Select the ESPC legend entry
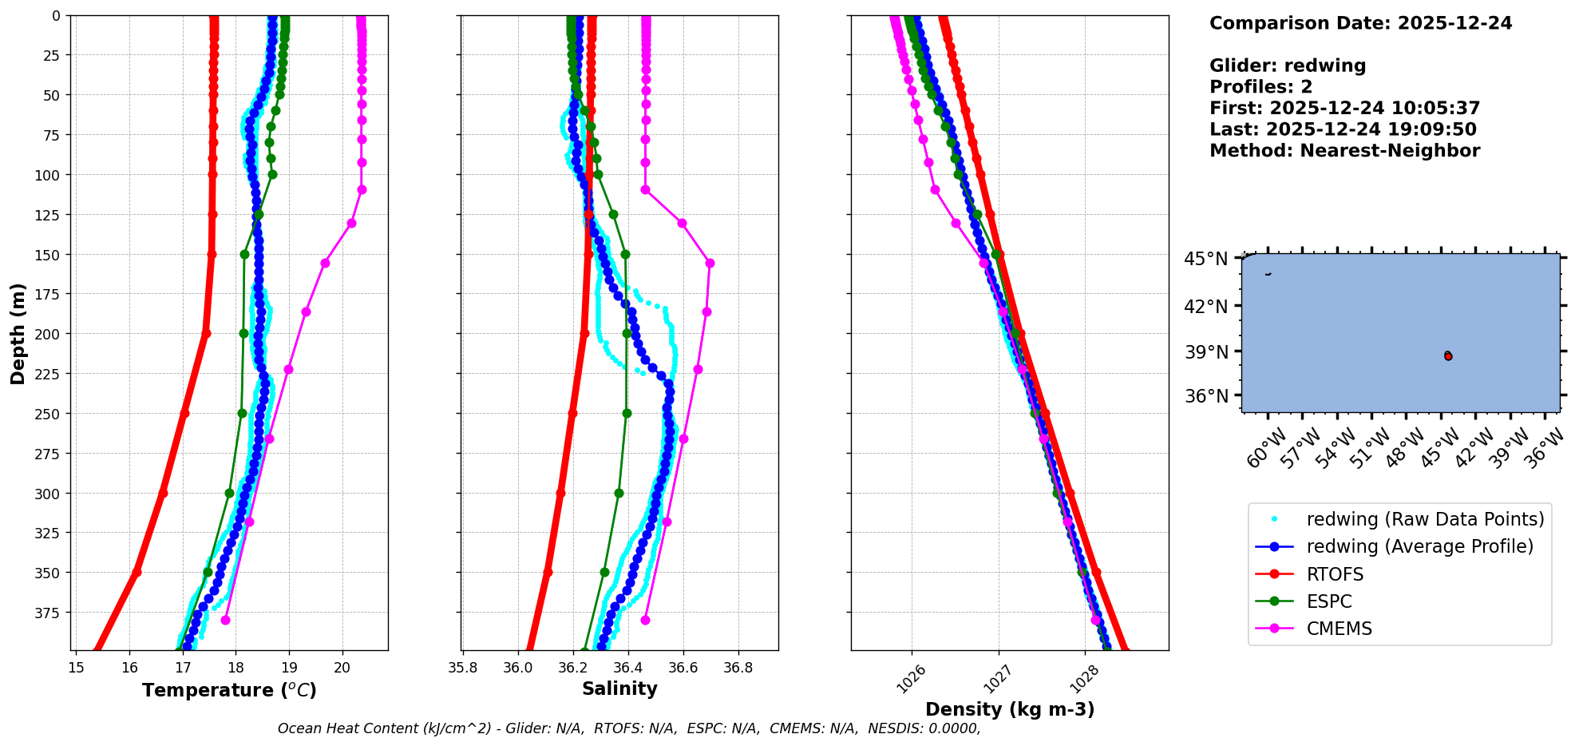click(1329, 601)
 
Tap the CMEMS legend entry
click(1339, 629)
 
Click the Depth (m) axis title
click(18, 333)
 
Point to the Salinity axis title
click(619, 688)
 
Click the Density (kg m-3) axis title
click(1010, 709)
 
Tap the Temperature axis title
click(229, 690)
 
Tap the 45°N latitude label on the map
click(1205, 259)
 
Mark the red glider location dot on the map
click(1448, 356)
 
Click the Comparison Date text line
click(1360, 23)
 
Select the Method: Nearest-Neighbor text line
click(1344, 151)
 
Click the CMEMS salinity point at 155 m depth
click(710, 263)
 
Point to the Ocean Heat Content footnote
click(629, 728)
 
